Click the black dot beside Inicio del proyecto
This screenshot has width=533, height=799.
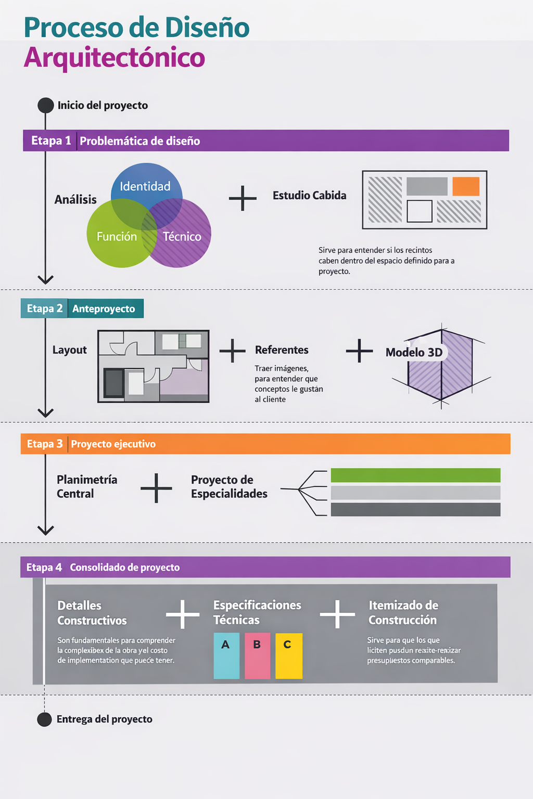46,105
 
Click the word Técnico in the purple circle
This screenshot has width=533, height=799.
182,237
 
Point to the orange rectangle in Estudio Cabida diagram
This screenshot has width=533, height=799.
465,186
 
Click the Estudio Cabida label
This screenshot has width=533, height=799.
309,196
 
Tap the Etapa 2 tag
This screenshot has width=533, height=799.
44,308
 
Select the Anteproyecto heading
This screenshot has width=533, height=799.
104,308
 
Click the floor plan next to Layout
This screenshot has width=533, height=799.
154,366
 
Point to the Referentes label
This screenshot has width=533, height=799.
282,350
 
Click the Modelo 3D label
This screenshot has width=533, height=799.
414,353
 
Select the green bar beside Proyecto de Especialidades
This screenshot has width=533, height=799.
415,475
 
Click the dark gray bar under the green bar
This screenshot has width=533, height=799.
415,509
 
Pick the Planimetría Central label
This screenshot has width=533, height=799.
86,486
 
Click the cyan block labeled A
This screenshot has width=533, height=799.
226,655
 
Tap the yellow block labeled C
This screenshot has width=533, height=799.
288,655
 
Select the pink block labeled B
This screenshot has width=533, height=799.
257,655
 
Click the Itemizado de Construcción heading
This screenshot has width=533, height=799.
403,612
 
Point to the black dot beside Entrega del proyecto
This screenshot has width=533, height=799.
45,719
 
